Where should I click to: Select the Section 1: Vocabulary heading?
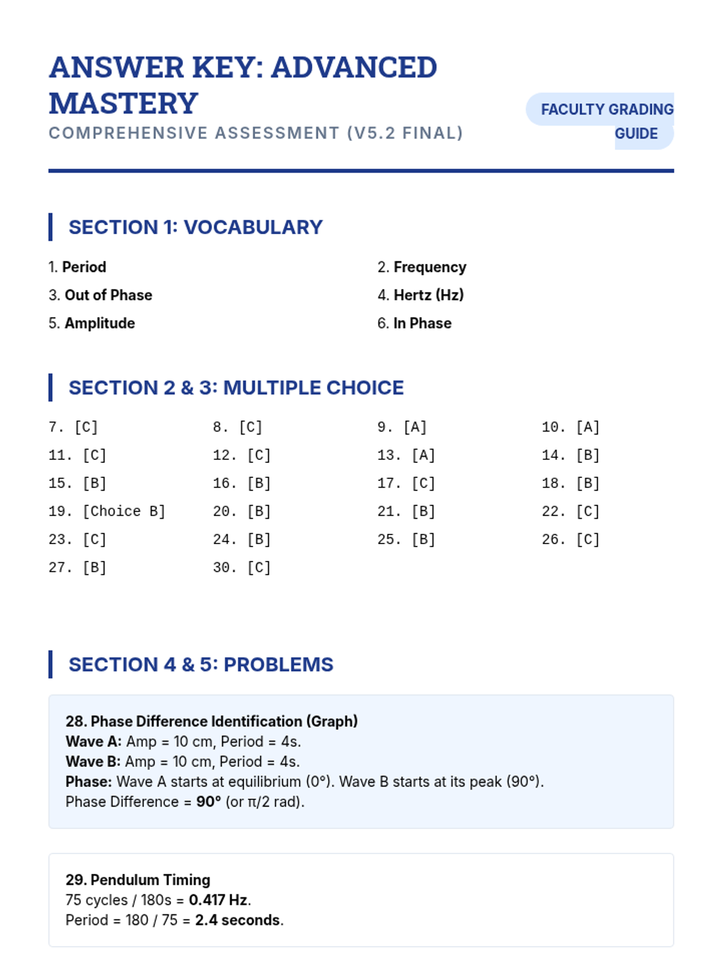pos(196,227)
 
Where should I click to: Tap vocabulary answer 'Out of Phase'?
pos(108,295)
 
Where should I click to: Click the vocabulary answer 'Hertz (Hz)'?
pos(428,295)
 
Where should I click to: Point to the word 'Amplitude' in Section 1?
pos(100,323)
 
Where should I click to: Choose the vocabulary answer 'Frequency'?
pos(430,267)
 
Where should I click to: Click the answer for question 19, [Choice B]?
pos(123,511)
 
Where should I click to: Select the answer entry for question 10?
pos(570,427)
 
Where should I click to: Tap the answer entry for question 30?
pos(241,568)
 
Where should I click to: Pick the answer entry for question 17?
pos(406,483)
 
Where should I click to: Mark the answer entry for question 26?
pos(570,539)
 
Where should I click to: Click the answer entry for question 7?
pos(73,427)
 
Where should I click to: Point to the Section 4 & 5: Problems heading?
pos(200,664)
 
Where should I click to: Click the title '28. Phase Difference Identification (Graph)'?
pos(212,721)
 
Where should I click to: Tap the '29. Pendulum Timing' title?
pos(138,879)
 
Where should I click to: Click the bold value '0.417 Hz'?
pos(218,900)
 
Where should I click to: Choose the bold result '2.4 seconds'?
pos(238,920)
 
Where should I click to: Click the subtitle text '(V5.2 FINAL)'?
pos(405,133)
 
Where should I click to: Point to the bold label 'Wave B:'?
pos(93,761)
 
